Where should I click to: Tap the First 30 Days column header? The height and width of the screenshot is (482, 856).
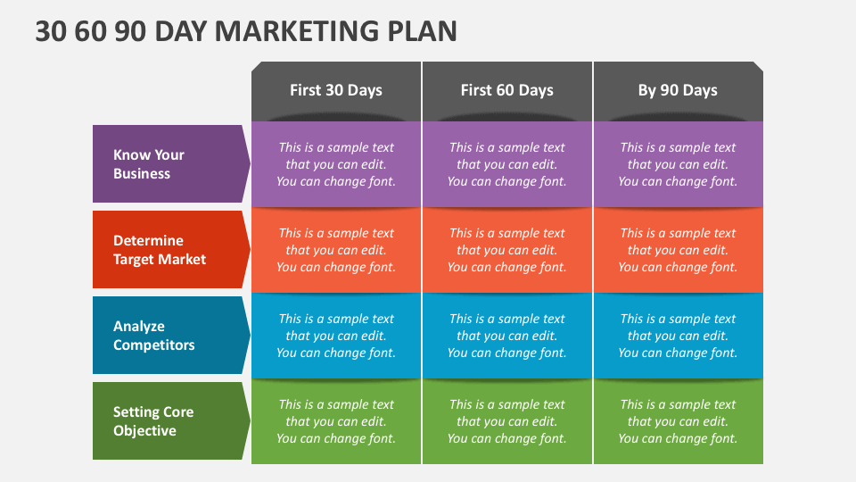click(x=336, y=91)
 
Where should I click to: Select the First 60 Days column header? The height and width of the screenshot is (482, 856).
click(x=507, y=91)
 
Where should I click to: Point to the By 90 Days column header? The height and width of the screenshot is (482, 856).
click(x=678, y=91)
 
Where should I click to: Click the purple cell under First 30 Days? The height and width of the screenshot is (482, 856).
click(x=336, y=164)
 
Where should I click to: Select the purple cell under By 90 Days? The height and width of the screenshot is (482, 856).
click(x=678, y=164)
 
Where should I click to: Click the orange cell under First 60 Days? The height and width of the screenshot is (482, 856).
click(x=507, y=250)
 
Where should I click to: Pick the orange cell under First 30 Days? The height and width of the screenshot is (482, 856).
click(x=336, y=250)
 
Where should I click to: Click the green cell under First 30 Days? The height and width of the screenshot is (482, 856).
click(x=336, y=421)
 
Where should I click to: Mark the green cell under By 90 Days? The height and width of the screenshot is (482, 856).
click(x=678, y=421)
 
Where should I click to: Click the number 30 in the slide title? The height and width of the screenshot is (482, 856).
click(x=52, y=31)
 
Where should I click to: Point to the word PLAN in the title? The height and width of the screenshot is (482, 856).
click(x=422, y=31)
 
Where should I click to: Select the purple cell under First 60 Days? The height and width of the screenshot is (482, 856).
click(x=507, y=164)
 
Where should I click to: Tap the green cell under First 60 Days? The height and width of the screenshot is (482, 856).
click(x=507, y=421)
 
